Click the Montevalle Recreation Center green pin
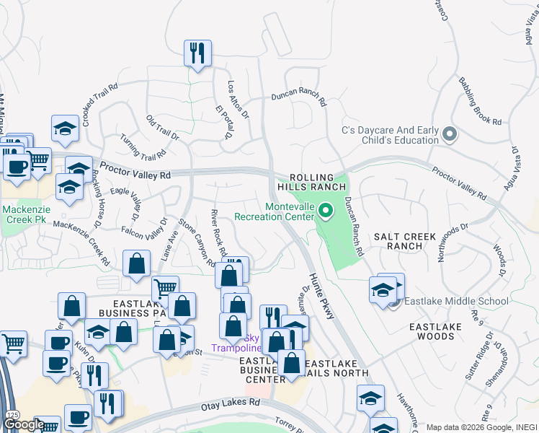[326, 211]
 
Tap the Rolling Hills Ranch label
[312, 182]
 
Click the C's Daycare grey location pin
[450, 134]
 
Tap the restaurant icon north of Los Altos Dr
[197, 53]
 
